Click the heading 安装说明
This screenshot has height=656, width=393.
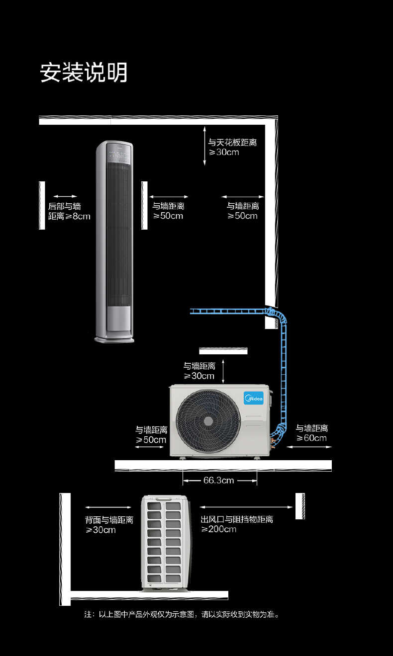tap(84, 73)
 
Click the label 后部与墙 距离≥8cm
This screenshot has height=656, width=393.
tap(69, 211)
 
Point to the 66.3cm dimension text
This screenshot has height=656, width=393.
tap(218, 481)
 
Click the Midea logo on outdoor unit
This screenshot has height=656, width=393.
tap(253, 398)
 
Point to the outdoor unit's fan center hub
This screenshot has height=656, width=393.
tap(208, 421)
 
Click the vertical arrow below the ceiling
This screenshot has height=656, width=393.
tap(204, 146)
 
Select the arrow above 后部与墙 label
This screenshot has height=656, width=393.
tap(65, 196)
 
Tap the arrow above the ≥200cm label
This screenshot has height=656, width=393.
tap(246, 507)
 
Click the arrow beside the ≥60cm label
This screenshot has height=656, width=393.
tap(309, 447)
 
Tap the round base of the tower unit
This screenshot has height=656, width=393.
tap(114, 340)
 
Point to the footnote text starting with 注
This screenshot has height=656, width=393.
tap(182, 615)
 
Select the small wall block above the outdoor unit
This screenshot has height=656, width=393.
tap(223, 351)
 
